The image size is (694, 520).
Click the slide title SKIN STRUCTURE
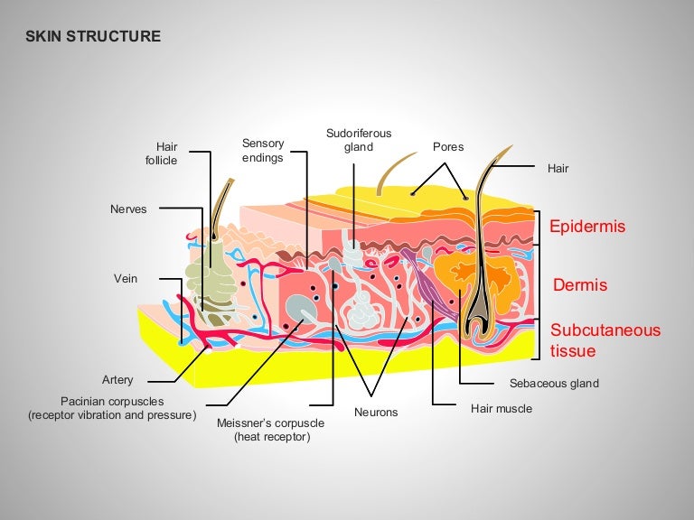(93, 37)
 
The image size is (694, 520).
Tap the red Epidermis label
(586, 227)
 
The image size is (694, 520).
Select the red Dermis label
(579, 285)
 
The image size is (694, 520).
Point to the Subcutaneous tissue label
(605, 340)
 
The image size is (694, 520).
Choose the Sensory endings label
(263, 150)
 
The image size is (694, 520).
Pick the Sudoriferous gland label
(359, 140)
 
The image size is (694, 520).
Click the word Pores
(448, 146)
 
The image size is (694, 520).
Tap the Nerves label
(127, 209)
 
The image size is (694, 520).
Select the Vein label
(126, 278)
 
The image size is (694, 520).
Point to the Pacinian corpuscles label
(111, 408)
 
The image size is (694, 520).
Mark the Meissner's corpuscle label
(264, 429)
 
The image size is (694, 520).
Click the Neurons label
(376, 413)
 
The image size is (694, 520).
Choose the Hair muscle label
(502, 408)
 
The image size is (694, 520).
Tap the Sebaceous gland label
(554, 383)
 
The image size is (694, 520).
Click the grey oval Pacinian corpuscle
(299, 311)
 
